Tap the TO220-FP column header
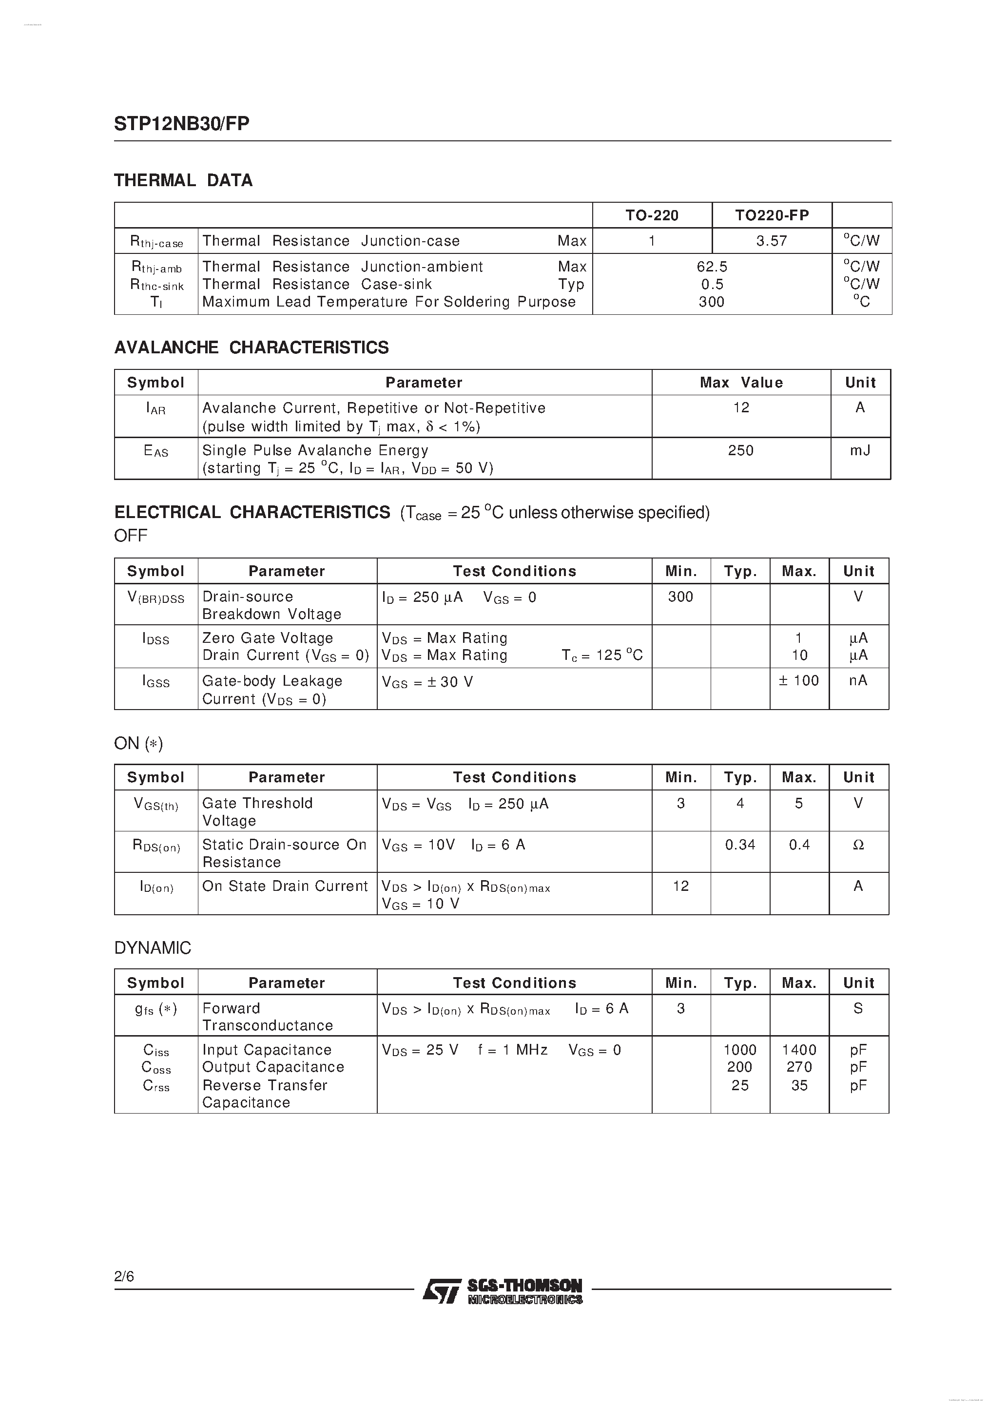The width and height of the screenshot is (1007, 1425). pos(772,215)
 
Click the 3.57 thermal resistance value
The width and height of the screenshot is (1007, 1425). pos(771,241)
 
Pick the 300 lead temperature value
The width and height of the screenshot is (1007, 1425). pos(712,302)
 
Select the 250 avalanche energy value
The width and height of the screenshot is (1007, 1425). pos(741,451)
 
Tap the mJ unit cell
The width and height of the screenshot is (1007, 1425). pos(860,451)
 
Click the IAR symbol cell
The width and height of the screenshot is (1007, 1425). pos(156,408)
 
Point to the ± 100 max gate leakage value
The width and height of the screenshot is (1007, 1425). pos(798,681)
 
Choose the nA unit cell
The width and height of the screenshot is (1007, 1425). pos(858,681)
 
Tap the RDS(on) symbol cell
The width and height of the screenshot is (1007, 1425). pos(156,846)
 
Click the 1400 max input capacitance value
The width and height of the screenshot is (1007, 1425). pos(799,1050)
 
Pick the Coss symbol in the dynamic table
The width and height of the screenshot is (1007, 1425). pos(156,1067)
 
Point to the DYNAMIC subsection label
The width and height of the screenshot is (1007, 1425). pos(153,948)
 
